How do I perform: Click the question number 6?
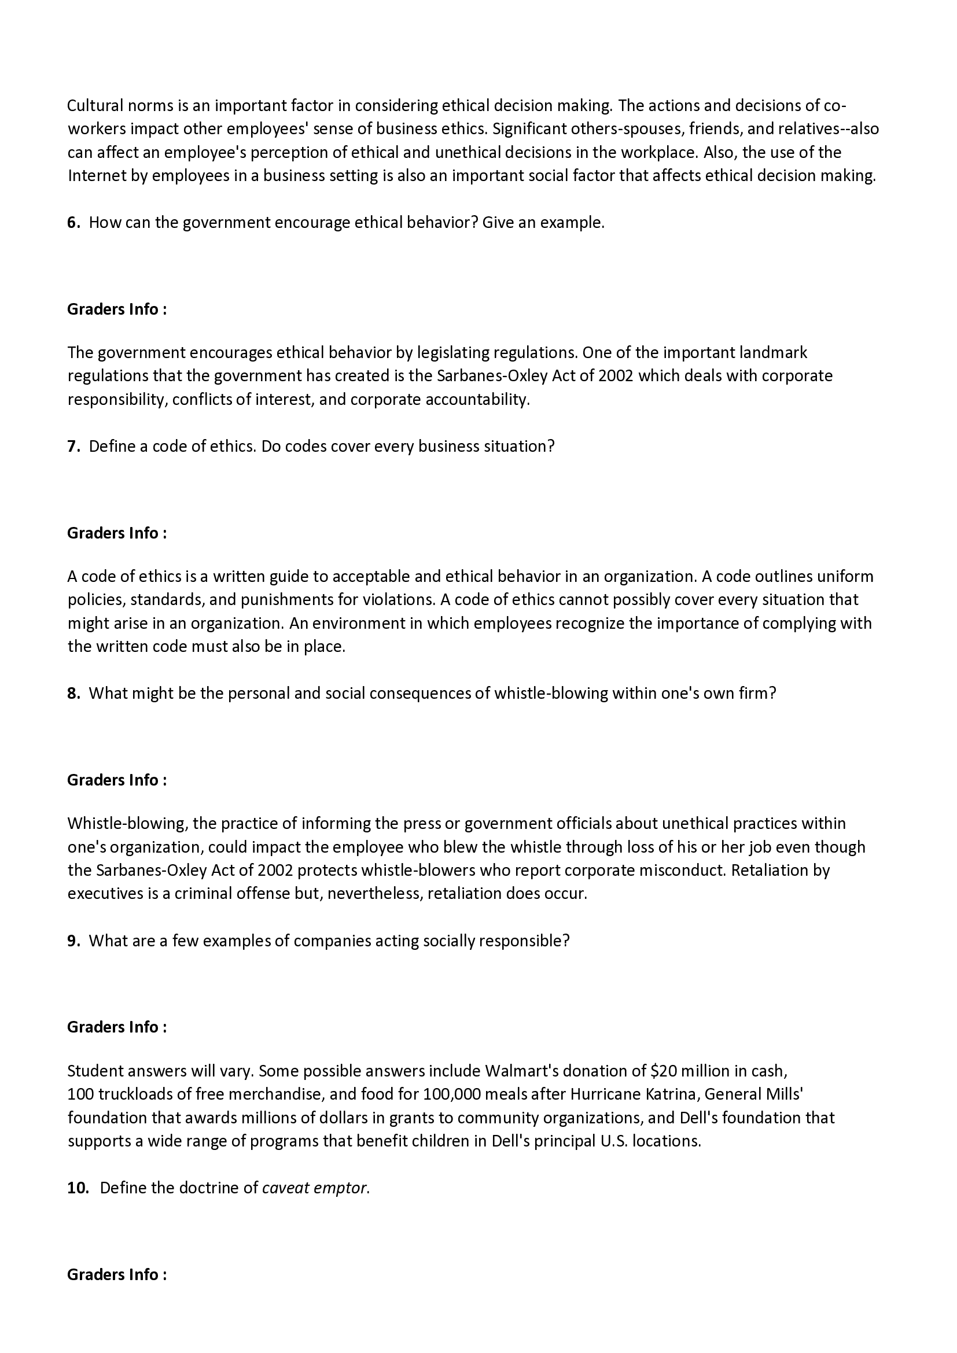[x=73, y=223]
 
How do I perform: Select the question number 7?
[x=73, y=446]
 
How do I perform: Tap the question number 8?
[x=73, y=693]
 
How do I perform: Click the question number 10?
[x=78, y=1188]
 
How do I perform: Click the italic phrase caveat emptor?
[x=316, y=1188]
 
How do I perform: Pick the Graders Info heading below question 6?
[x=117, y=309]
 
